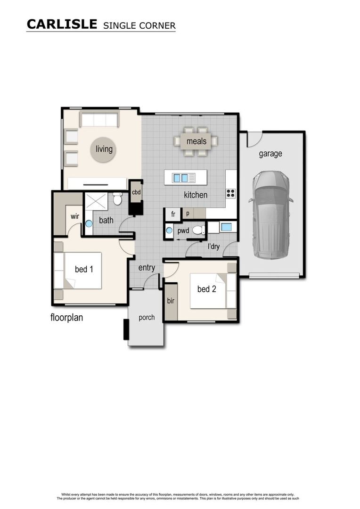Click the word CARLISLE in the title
[62, 24]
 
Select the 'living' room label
[104, 149]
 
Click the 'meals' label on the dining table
[196, 141]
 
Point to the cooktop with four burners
[230, 193]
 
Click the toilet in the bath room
[117, 199]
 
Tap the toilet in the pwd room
[198, 230]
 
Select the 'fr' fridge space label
[173, 214]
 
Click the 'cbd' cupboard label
[136, 192]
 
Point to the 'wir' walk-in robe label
[74, 216]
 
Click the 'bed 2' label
[206, 289]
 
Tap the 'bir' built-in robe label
[170, 301]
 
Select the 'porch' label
[147, 317]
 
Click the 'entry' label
[147, 268]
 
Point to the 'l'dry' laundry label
[213, 246]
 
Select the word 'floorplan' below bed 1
[67, 318]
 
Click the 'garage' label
[270, 153]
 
